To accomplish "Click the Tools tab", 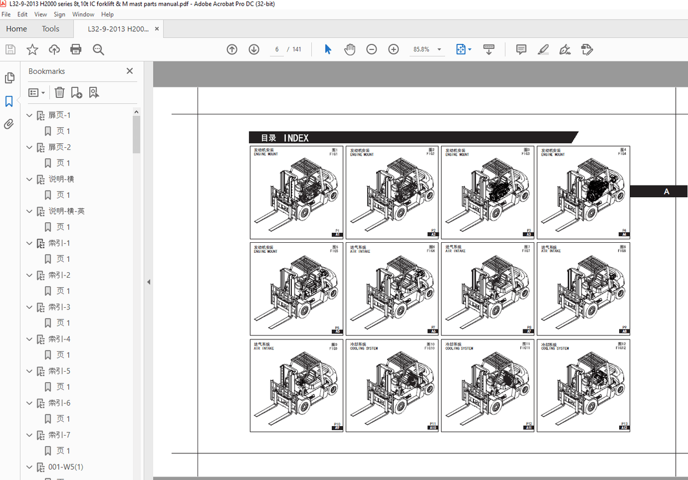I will pos(50,29).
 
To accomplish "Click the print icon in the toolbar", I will pos(76,49).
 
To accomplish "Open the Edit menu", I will pos(22,14).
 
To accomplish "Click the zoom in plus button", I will pos(393,49).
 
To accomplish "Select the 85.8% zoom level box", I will pos(422,49).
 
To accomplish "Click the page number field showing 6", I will pos(276,49).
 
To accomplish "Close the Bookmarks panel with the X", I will pos(130,71).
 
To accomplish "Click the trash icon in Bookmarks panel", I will pos(59,93).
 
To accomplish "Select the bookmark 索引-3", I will pos(59,307).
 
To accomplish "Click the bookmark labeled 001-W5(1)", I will pos(65,467).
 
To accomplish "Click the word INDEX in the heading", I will pos(296,138).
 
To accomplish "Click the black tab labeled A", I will pos(666,192).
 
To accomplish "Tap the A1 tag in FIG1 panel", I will pos(337,235).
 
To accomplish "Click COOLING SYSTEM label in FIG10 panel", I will pos(364,349).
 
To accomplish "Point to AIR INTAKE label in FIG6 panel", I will pos(361,252).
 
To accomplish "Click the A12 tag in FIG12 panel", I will pos(624,428).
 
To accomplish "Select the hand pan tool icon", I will pos(350,49).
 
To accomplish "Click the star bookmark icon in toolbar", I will pos(33,49).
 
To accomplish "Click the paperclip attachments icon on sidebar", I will pos(9,124).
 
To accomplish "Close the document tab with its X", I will pos(157,29).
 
